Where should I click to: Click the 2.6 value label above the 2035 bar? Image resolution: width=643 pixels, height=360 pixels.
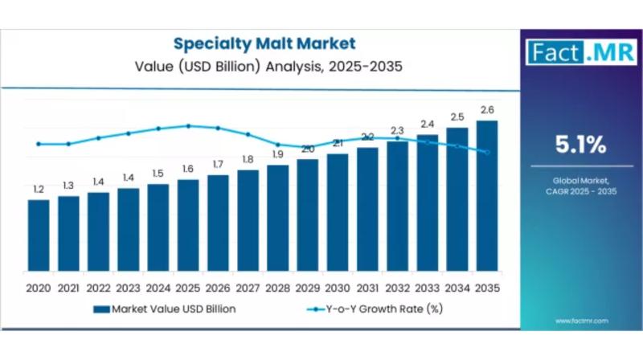pyautogui.click(x=487, y=109)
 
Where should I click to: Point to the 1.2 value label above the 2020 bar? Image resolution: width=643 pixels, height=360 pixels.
pyautogui.click(x=39, y=189)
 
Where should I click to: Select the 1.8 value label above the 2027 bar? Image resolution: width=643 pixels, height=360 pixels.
pyautogui.click(x=248, y=159)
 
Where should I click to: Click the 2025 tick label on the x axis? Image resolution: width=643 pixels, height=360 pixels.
pyautogui.click(x=188, y=287)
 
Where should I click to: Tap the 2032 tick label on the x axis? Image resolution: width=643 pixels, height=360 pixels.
pyautogui.click(x=397, y=287)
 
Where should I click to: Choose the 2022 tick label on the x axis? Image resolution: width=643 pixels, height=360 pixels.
pyautogui.click(x=98, y=287)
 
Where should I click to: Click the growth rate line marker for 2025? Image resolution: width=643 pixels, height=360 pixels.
pyautogui.click(x=188, y=125)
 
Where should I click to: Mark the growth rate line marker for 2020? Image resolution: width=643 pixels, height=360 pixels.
pyautogui.click(x=39, y=144)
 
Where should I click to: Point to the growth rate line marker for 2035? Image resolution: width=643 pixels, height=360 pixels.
pyautogui.click(x=487, y=152)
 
